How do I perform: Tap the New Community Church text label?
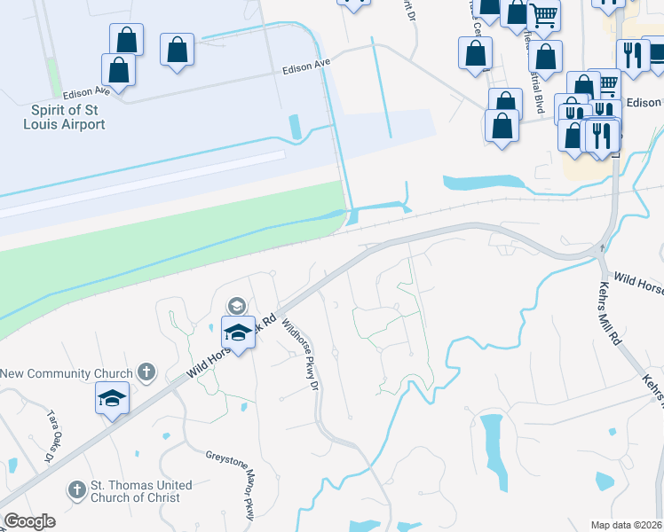pos(67,374)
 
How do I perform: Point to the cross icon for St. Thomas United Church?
pos(77,489)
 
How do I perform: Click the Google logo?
pos(29,521)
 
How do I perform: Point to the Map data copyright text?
pos(627,525)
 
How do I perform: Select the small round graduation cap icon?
pos(236,306)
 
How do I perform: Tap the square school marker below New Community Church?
pos(113,399)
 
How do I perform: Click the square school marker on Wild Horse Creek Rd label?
pos(238,332)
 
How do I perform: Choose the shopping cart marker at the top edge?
pos(543,15)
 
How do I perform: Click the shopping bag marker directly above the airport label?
pos(118,69)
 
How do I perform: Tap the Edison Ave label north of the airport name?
pos(85,90)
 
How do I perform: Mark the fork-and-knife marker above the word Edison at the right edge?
pos(633,55)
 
